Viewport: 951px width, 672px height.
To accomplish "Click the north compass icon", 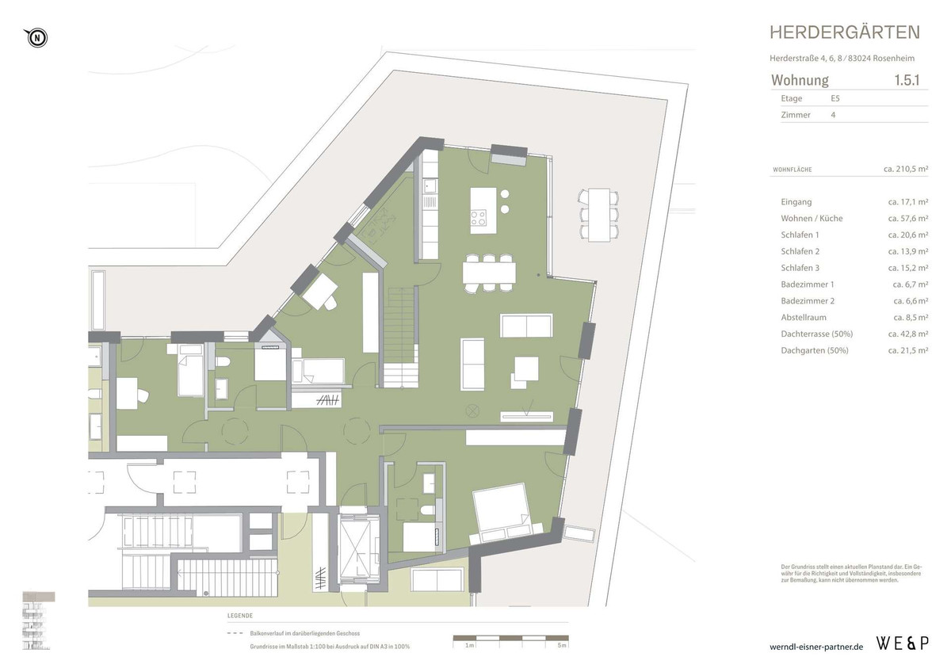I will [x=36, y=36].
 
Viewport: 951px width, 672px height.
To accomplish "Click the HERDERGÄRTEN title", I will [x=845, y=32].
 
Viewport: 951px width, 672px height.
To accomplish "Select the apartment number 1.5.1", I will [x=911, y=80].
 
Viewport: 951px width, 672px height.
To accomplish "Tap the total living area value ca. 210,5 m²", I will [x=905, y=169].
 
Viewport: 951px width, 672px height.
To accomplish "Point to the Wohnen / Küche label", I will [x=812, y=218].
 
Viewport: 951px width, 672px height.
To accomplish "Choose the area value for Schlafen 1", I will [x=907, y=235].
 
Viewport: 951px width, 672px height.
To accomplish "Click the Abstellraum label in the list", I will [x=804, y=317].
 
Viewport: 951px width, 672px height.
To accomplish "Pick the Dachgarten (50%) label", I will [x=814, y=350].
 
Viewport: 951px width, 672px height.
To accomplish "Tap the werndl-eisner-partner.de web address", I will [x=815, y=647].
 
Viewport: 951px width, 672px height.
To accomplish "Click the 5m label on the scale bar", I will [x=562, y=646].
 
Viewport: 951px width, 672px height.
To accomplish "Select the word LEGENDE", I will [x=239, y=616].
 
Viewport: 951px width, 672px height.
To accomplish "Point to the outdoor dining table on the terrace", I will [x=599, y=214].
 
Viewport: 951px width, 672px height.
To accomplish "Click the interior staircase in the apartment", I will [x=402, y=337].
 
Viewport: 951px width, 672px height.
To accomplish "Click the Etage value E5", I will [x=836, y=98].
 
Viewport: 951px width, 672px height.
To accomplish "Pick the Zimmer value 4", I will [x=833, y=115].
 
